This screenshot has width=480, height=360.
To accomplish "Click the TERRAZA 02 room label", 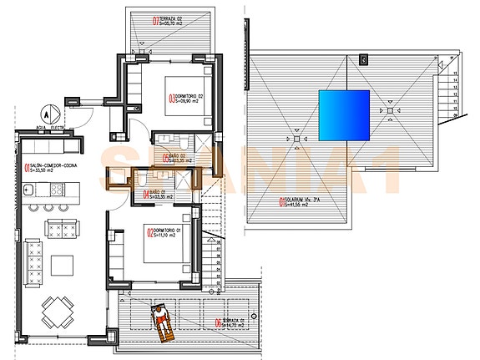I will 174,22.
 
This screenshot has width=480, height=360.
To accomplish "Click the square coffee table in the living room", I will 63,266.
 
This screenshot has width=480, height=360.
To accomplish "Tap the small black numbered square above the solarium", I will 363,59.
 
